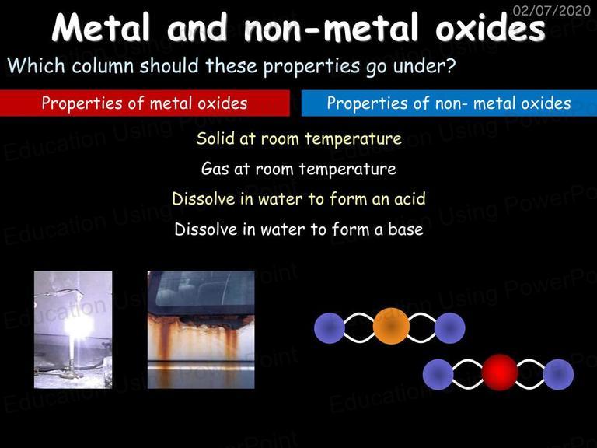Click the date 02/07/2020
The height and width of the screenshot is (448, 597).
(x=552, y=10)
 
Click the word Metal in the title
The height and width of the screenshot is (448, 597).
(x=100, y=27)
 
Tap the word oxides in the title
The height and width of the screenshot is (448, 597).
(x=491, y=27)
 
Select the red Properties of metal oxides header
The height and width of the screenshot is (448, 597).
(x=145, y=103)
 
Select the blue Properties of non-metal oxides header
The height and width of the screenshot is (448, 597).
(x=449, y=103)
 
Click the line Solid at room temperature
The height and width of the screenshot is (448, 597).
(x=298, y=138)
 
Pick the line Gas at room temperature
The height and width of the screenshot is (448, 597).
(x=298, y=169)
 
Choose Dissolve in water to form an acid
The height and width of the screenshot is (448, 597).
(x=298, y=199)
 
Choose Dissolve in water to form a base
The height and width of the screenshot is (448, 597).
(x=298, y=229)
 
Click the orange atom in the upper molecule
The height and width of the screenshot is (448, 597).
(x=391, y=327)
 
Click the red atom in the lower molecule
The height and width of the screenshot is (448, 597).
(x=500, y=373)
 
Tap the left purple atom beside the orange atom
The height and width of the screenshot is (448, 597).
(x=330, y=328)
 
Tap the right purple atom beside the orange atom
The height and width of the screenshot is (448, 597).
(x=449, y=328)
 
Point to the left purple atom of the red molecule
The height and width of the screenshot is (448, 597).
(x=438, y=374)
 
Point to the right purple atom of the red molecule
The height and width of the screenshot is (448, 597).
(x=558, y=374)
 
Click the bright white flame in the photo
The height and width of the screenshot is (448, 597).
(x=78, y=327)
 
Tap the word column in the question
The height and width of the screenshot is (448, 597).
(x=103, y=65)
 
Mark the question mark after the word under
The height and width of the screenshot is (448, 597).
(x=449, y=65)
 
